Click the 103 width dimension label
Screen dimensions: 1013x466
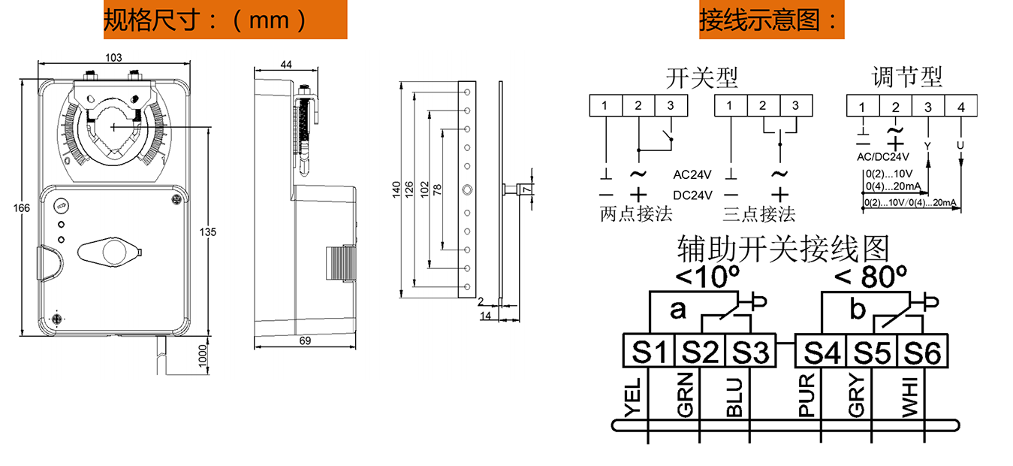[113, 58]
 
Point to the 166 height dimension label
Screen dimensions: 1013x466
[21, 208]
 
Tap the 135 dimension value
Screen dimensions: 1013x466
[208, 232]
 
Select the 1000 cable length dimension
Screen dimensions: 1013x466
[203, 356]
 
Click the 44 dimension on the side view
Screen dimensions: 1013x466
[286, 65]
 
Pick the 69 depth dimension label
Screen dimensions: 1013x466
[306, 340]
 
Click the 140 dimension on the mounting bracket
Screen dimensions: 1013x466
[396, 189]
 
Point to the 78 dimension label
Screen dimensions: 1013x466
[437, 189]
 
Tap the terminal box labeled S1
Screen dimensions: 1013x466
[649, 351]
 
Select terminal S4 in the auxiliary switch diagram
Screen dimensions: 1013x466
[822, 351]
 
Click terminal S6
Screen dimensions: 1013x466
[923, 351]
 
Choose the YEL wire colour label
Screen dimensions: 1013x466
[633, 398]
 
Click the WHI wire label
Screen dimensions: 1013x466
[909, 398]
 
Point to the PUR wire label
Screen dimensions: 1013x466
[806, 395]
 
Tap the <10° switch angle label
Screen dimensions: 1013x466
[707, 276]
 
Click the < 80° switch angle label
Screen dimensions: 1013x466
[870, 276]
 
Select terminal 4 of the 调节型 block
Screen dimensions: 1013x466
[961, 106]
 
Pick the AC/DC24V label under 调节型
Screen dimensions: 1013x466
[883, 157]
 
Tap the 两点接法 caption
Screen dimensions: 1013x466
[636, 213]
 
